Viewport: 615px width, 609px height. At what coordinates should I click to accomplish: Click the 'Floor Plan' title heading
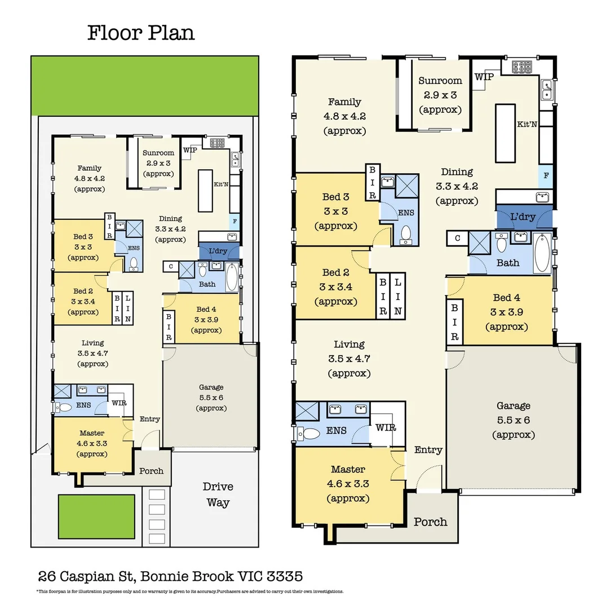pos(141,33)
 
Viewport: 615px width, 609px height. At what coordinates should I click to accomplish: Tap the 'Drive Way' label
pos(218,494)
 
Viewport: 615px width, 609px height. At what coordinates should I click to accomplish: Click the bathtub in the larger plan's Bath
pos(541,251)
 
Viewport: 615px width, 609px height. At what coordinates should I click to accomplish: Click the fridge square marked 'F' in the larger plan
pos(545,176)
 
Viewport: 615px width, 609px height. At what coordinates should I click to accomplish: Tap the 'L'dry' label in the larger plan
pos(523,217)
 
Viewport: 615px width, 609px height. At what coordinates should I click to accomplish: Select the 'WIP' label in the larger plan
pos(484,77)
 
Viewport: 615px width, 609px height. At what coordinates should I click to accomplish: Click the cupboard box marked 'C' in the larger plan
pos(457,238)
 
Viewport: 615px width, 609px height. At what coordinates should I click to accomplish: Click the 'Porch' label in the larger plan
pos(431,522)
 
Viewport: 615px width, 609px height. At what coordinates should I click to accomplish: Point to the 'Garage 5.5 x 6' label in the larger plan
pos(513,420)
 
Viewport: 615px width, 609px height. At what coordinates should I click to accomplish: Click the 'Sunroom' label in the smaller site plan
pos(158,153)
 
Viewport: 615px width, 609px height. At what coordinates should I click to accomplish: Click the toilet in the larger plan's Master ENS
pos(307,433)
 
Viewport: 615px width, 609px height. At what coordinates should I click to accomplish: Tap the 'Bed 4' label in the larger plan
pos(506,298)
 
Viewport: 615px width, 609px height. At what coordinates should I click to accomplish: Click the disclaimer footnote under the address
pos(189,592)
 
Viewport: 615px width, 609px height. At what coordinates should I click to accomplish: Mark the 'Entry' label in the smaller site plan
pos(149,419)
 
